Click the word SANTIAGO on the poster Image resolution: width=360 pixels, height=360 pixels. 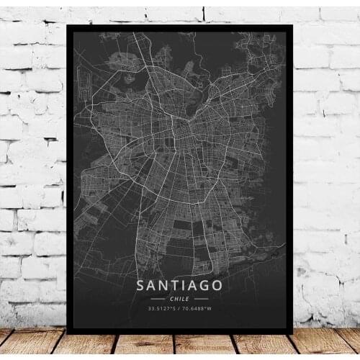tap(179, 286)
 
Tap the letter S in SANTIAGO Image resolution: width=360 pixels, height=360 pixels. tap(140, 286)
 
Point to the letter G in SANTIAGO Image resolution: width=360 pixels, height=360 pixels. tap(205, 286)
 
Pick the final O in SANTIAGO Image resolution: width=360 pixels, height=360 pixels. tap(218, 286)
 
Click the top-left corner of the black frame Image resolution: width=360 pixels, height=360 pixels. tap(68, 26)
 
